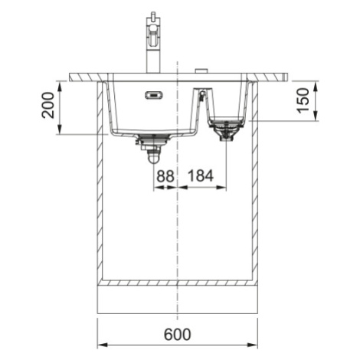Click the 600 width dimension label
(x=178, y=334)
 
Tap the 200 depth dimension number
(x=48, y=105)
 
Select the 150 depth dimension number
(x=303, y=100)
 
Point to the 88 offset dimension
(x=165, y=176)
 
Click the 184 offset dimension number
(x=201, y=176)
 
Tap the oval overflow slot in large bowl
(x=154, y=95)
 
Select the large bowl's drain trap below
(x=153, y=148)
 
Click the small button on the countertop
(x=201, y=70)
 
